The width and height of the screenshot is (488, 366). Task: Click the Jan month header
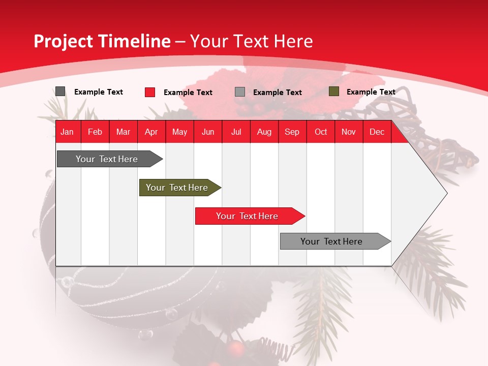click(x=68, y=132)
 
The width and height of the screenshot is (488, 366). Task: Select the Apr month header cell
click(x=151, y=132)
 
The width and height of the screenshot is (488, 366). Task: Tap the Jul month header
click(x=236, y=132)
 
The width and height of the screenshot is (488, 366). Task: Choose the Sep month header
click(x=292, y=132)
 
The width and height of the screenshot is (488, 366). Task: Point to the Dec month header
click(x=377, y=132)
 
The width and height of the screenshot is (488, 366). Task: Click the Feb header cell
click(x=95, y=132)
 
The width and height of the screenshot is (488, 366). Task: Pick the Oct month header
click(x=321, y=132)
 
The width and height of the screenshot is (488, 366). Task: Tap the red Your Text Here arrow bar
click(x=248, y=216)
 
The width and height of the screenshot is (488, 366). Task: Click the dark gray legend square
click(x=60, y=91)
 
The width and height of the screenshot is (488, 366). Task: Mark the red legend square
click(x=150, y=92)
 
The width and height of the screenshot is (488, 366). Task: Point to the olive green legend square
click(x=333, y=91)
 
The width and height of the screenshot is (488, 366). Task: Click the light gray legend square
click(x=240, y=92)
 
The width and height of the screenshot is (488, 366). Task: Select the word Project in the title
click(x=64, y=42)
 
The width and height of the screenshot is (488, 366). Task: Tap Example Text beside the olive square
click(x=371, y=92)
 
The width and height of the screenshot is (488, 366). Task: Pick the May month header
click(x=179, y=132)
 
